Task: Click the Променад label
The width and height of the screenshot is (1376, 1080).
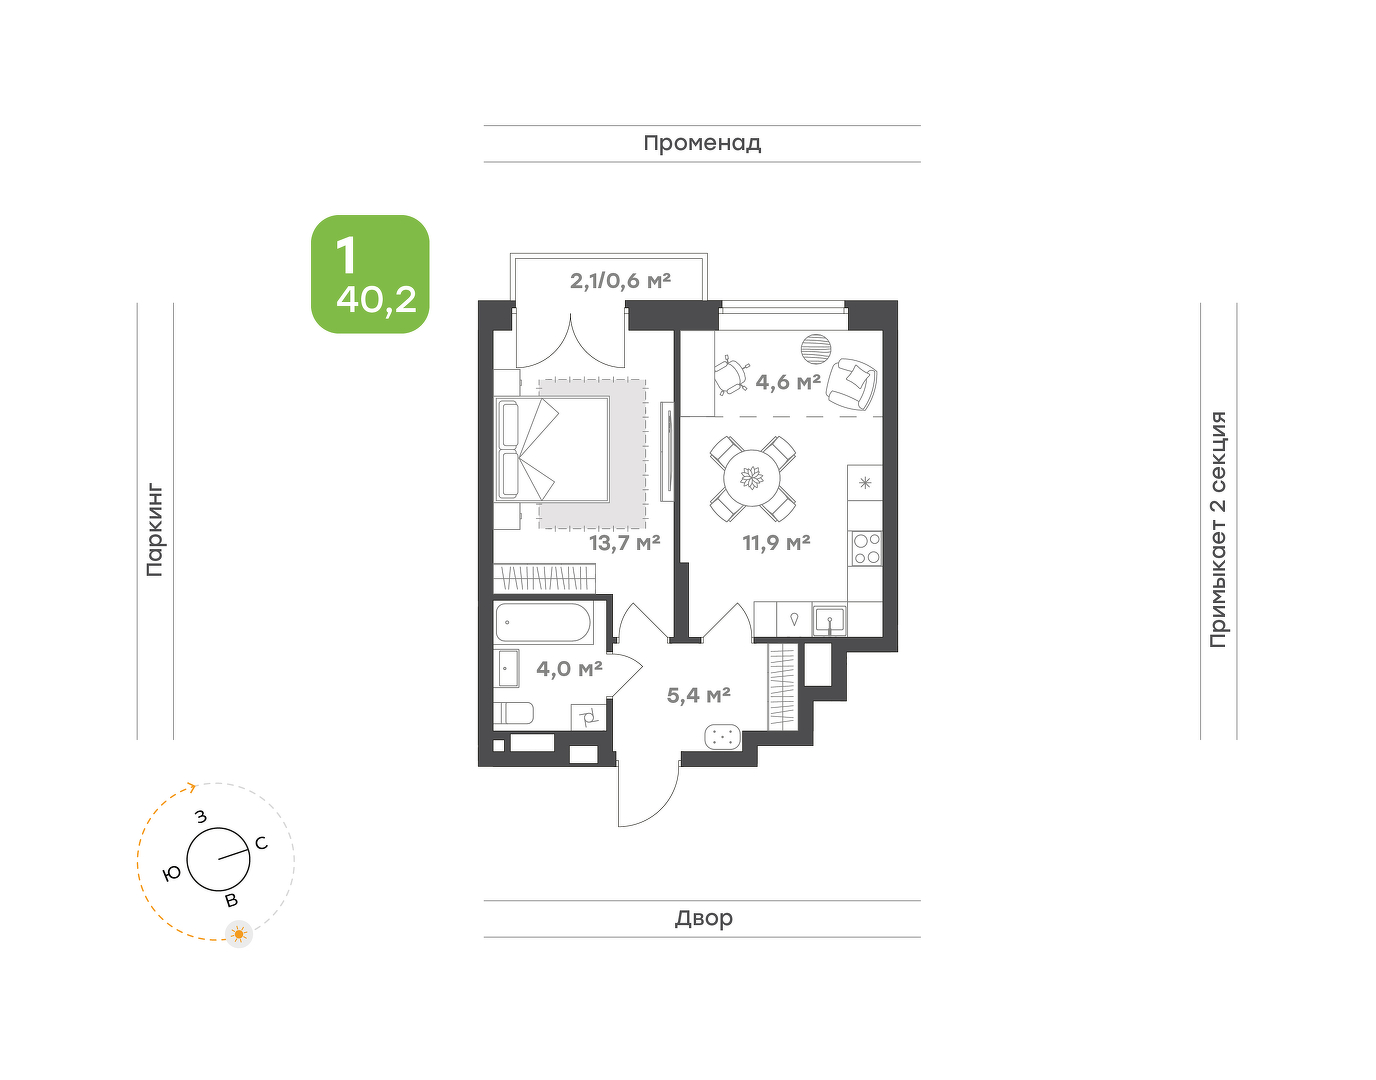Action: coord(702,144)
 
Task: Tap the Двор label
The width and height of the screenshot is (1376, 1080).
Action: coord(704,918)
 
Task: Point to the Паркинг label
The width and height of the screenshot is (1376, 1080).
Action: coord(155,531)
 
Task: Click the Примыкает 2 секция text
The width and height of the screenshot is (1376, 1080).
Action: coord(1218,529)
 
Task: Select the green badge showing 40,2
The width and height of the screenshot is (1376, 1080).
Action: coord(370,274)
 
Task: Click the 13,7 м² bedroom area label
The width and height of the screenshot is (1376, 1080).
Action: coord(625,543)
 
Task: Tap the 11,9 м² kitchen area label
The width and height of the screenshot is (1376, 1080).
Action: coord(776,543)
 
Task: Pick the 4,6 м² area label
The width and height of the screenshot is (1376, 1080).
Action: coord(788,382)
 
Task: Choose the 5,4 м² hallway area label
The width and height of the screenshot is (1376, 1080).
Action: coord(698,695)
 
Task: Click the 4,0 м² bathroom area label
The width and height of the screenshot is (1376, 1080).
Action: coord(569,669)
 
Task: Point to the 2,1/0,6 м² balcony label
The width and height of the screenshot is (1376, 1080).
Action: coord(621,280)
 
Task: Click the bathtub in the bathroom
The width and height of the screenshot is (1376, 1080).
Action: coord(543,622)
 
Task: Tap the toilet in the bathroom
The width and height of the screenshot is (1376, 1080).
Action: coord(514,713)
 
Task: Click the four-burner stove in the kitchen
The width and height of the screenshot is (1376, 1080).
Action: coord(865,549)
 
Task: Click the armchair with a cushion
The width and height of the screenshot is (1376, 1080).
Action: coord(852,384)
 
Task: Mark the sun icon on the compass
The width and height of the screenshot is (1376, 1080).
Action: coord(239,934)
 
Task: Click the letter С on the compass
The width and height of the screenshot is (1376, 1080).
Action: coord(261,843)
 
